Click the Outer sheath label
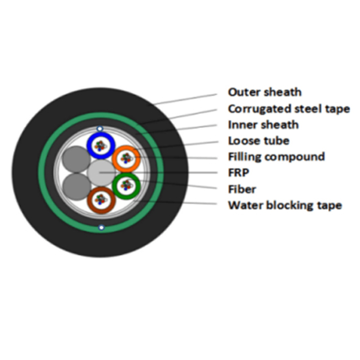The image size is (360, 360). pyautogui.click(x=265, y=92)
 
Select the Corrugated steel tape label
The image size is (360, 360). pyautogui.click(x=289, y=108)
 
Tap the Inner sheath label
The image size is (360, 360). pyautogui.click(x=263, y=125)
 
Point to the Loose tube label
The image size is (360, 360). pyautogui.click(x=259, y=141)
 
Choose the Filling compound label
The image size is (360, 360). pyautogui.click(x=276, y=157)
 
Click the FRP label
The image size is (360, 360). pyautogui.click(x=238, y=173)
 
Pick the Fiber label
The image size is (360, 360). pyautogui.click(x=242, y=189)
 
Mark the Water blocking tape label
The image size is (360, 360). pyautogui.click(x=285, y=205)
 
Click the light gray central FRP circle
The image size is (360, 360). pyautogui.click(x=101, y=173)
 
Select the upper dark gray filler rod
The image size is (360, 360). pyautogui.click(x=76, y=159)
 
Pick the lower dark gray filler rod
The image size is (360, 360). pyautogui.click(x=76, y=186)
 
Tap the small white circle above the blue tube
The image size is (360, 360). pyautogui.click(x=99, y=129)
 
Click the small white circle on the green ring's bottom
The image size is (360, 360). pyautogui.click(x=101, y=228)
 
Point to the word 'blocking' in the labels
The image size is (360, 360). pyautogui.click(x=290, y=205)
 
